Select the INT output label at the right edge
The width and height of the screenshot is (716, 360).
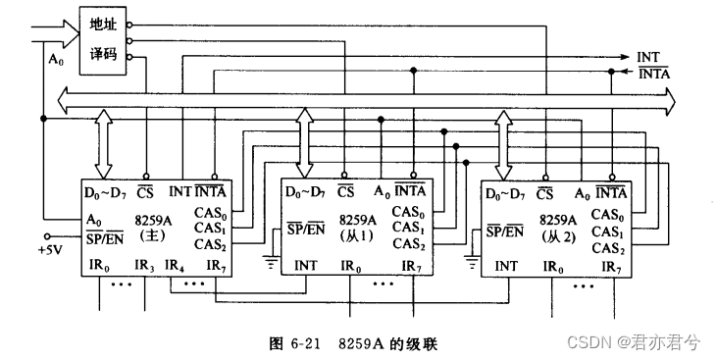(648, 57)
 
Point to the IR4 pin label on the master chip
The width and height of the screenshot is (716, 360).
(175, 266)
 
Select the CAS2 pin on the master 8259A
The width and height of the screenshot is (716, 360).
(208, 243)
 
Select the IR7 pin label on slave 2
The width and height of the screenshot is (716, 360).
(610, 266)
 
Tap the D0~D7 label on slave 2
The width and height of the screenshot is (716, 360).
(506, 192)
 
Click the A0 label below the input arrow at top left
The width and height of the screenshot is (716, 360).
(55, 60)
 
